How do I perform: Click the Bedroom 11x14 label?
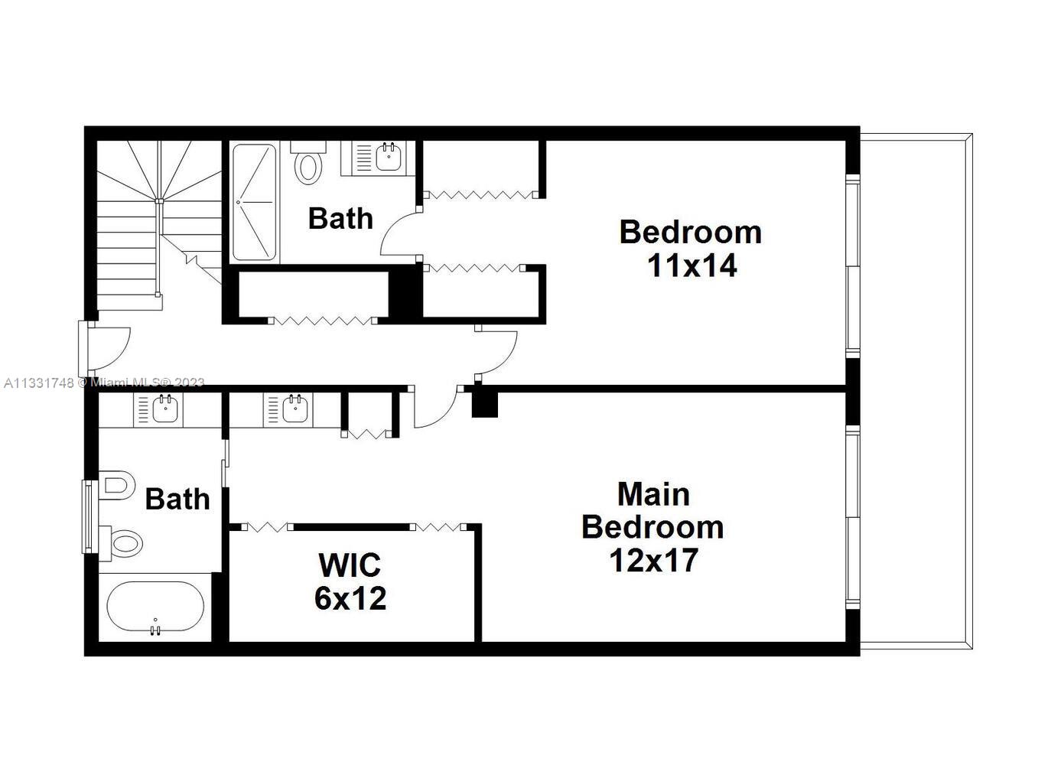coord(690,249)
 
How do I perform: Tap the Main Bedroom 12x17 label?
coord(652,527)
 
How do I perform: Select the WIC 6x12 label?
coord(350,581)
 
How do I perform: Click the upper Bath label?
coord(340,219)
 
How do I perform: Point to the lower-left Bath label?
coord(177,500)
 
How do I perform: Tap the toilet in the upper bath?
coord(308,165)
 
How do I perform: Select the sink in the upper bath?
coord(387,157)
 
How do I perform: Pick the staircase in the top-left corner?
coord(157,222)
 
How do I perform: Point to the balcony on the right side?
coord(915,390)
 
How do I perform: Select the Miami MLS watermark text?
coord(104,382)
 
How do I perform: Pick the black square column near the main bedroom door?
coord(484,404)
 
